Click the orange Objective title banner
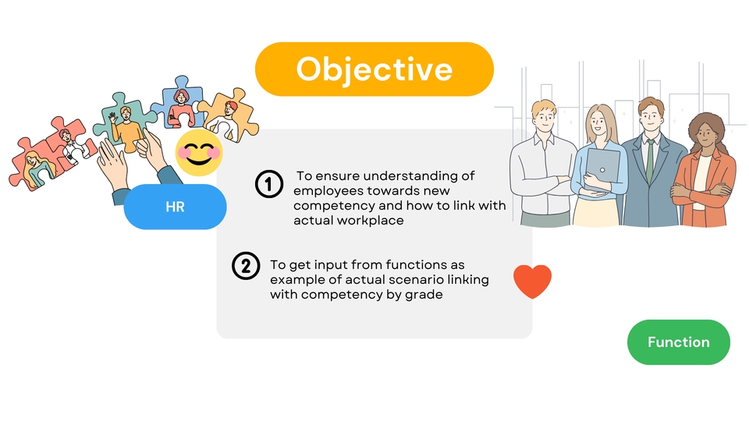point(374,69)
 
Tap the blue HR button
point(175,207)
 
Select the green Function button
point(678,342)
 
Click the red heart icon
point(532,281)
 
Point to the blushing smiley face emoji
point(199,153)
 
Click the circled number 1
point(269,184)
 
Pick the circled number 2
point(246,266)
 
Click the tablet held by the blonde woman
point(603,165)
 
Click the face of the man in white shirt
point(544,118)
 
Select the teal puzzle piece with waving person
point(125,122)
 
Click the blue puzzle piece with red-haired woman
point(179,104)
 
